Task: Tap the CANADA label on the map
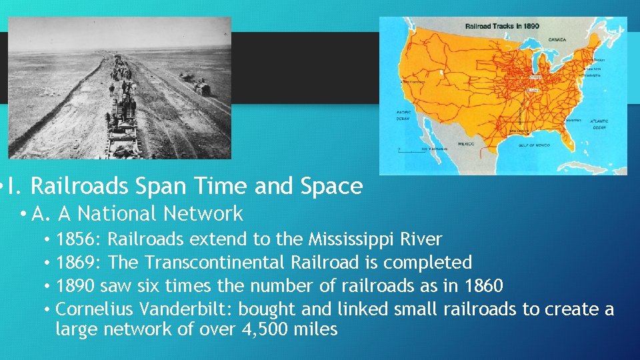(557, 39)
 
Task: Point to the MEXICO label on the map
(466, 143)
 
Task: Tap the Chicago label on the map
(535, 77)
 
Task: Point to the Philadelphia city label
(595, 75)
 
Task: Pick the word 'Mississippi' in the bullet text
(347, 239)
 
